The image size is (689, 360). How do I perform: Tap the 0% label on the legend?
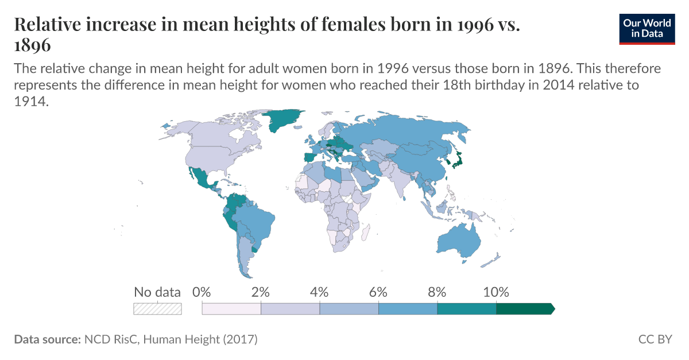point(202,292)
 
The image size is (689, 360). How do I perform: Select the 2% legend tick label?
point(261,292)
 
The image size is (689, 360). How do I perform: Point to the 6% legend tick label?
point(378,292)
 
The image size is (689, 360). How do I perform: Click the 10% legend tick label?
point(496,292)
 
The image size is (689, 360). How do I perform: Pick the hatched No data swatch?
point(157,309)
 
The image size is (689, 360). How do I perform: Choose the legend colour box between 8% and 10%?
point(466,309)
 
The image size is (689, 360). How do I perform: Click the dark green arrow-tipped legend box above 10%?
point(524,309)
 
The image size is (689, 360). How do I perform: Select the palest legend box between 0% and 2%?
point(231,309)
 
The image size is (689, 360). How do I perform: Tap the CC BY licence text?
point(655,339)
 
